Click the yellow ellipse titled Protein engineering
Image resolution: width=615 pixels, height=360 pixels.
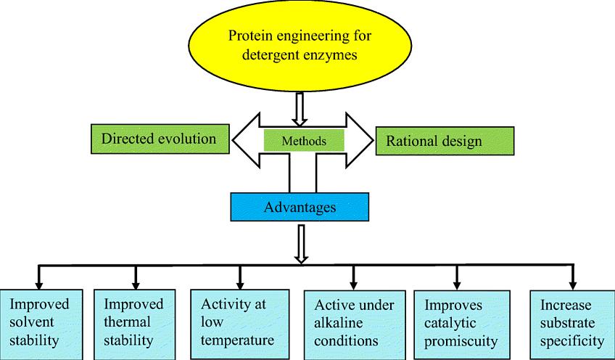click(300, 46)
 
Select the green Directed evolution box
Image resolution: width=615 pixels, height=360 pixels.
click(160, 139)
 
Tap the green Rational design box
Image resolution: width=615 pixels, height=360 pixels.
click(445, 141)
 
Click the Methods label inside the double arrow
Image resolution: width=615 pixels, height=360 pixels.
click(304, 141)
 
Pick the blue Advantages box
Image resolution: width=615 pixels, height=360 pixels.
click(300, 207)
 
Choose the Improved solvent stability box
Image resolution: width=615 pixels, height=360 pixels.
click(41, 324)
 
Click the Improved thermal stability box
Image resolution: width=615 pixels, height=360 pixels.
click(135, 324)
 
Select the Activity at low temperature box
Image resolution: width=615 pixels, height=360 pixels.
click(239, 324)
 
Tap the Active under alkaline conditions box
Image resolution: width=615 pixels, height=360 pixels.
click(355, 325)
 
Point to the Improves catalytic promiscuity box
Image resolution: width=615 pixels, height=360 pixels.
click(462, 325)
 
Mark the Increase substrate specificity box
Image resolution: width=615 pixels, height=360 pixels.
click(572, 325)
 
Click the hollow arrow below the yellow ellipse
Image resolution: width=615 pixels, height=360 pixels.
click(300, 109)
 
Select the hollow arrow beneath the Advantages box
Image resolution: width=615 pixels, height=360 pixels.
click(301, 243)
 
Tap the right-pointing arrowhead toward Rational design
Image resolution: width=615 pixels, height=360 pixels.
click(359, 140)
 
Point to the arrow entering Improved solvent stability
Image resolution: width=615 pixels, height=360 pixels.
click(38, 277)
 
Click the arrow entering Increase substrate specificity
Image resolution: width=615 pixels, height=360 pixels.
click(573, 277)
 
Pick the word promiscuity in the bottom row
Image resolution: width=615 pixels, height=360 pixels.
click(461, 340)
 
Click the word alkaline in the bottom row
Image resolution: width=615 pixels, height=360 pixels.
click(338, 323)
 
